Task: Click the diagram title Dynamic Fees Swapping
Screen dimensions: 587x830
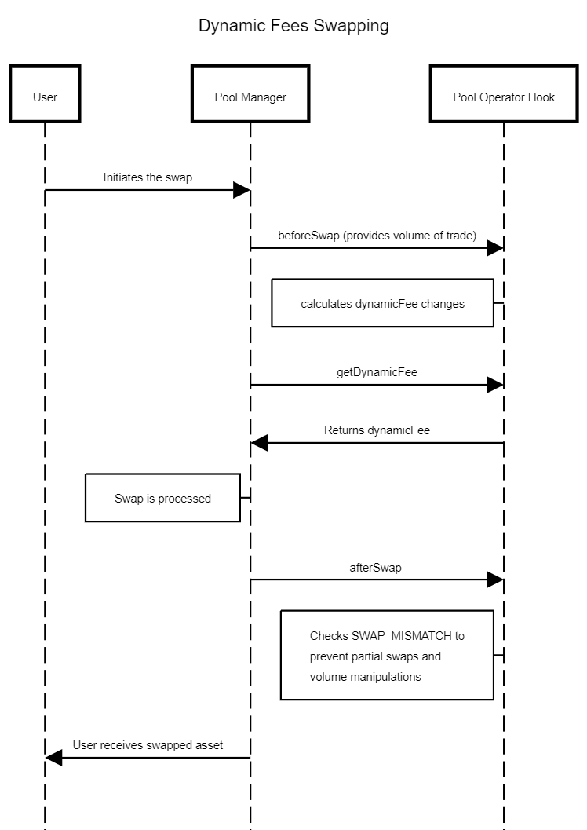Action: pos(293,26)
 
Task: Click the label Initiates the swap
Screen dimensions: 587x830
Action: pos(148,177)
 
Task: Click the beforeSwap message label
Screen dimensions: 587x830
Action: pos(377,236)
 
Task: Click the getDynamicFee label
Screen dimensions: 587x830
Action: pos(377,372)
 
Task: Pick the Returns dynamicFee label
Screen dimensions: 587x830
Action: pos(377,430)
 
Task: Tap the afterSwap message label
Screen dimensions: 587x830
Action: pos(375,568)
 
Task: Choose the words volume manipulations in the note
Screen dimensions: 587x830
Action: pos(366,677)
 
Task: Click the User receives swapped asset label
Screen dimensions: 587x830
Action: pos(148,745)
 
